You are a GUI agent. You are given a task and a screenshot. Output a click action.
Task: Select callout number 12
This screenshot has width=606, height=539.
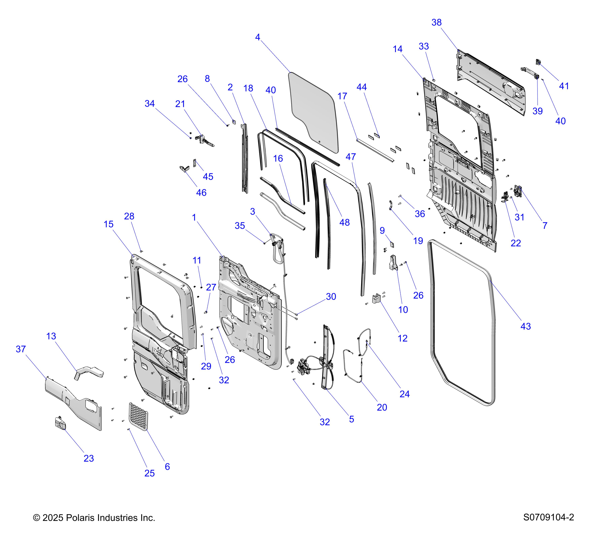pyautogui.click(x=402, y=338)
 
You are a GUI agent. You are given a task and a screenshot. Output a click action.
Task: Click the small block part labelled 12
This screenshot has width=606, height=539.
pyautogui.click(x=376, y=298)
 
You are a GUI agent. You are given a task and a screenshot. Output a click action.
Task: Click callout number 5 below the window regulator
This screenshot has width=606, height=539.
pyautogui.click(x=351, y=419)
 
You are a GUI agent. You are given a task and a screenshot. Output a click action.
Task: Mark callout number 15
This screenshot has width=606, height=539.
pyautogui.click(x=109, y=224)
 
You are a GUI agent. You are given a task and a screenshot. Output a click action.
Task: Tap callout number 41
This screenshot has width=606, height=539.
pyautogui.click(x=564, y=86)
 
